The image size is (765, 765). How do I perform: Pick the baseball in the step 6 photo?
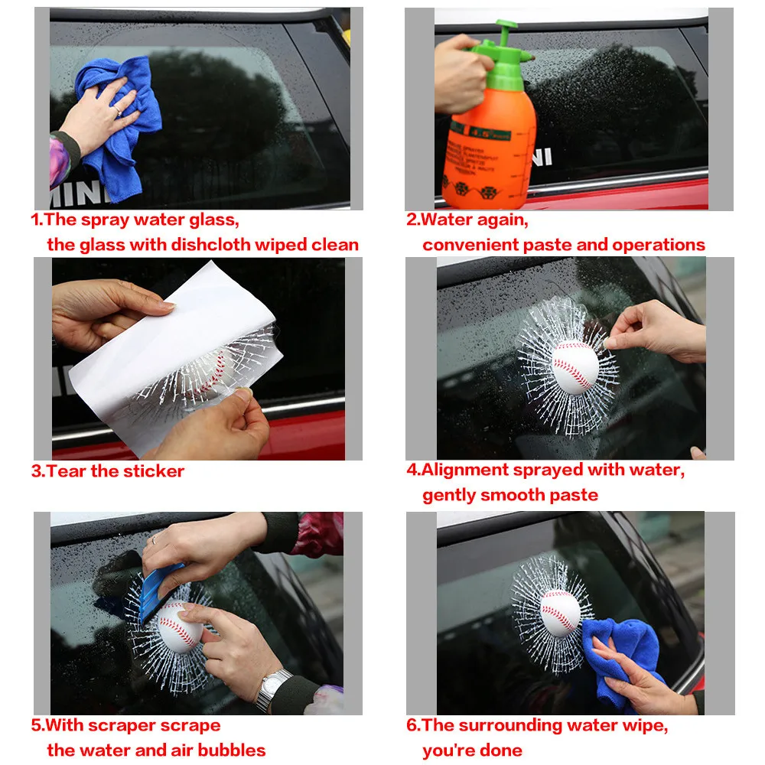[560, 613]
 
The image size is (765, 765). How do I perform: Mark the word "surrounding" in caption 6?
[510, 725]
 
